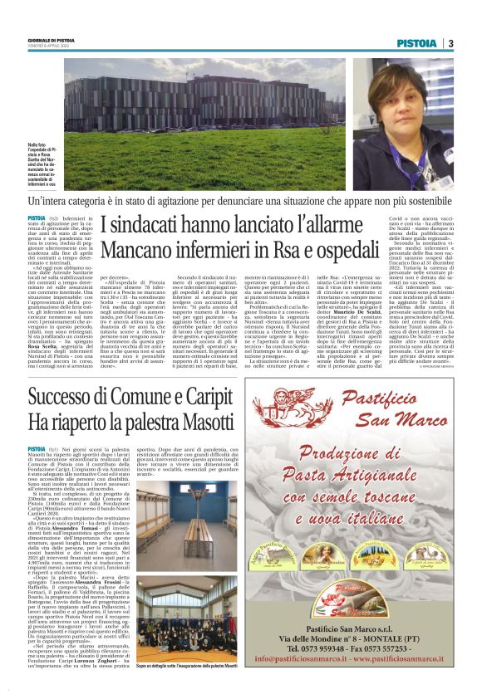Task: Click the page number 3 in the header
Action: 450,43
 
